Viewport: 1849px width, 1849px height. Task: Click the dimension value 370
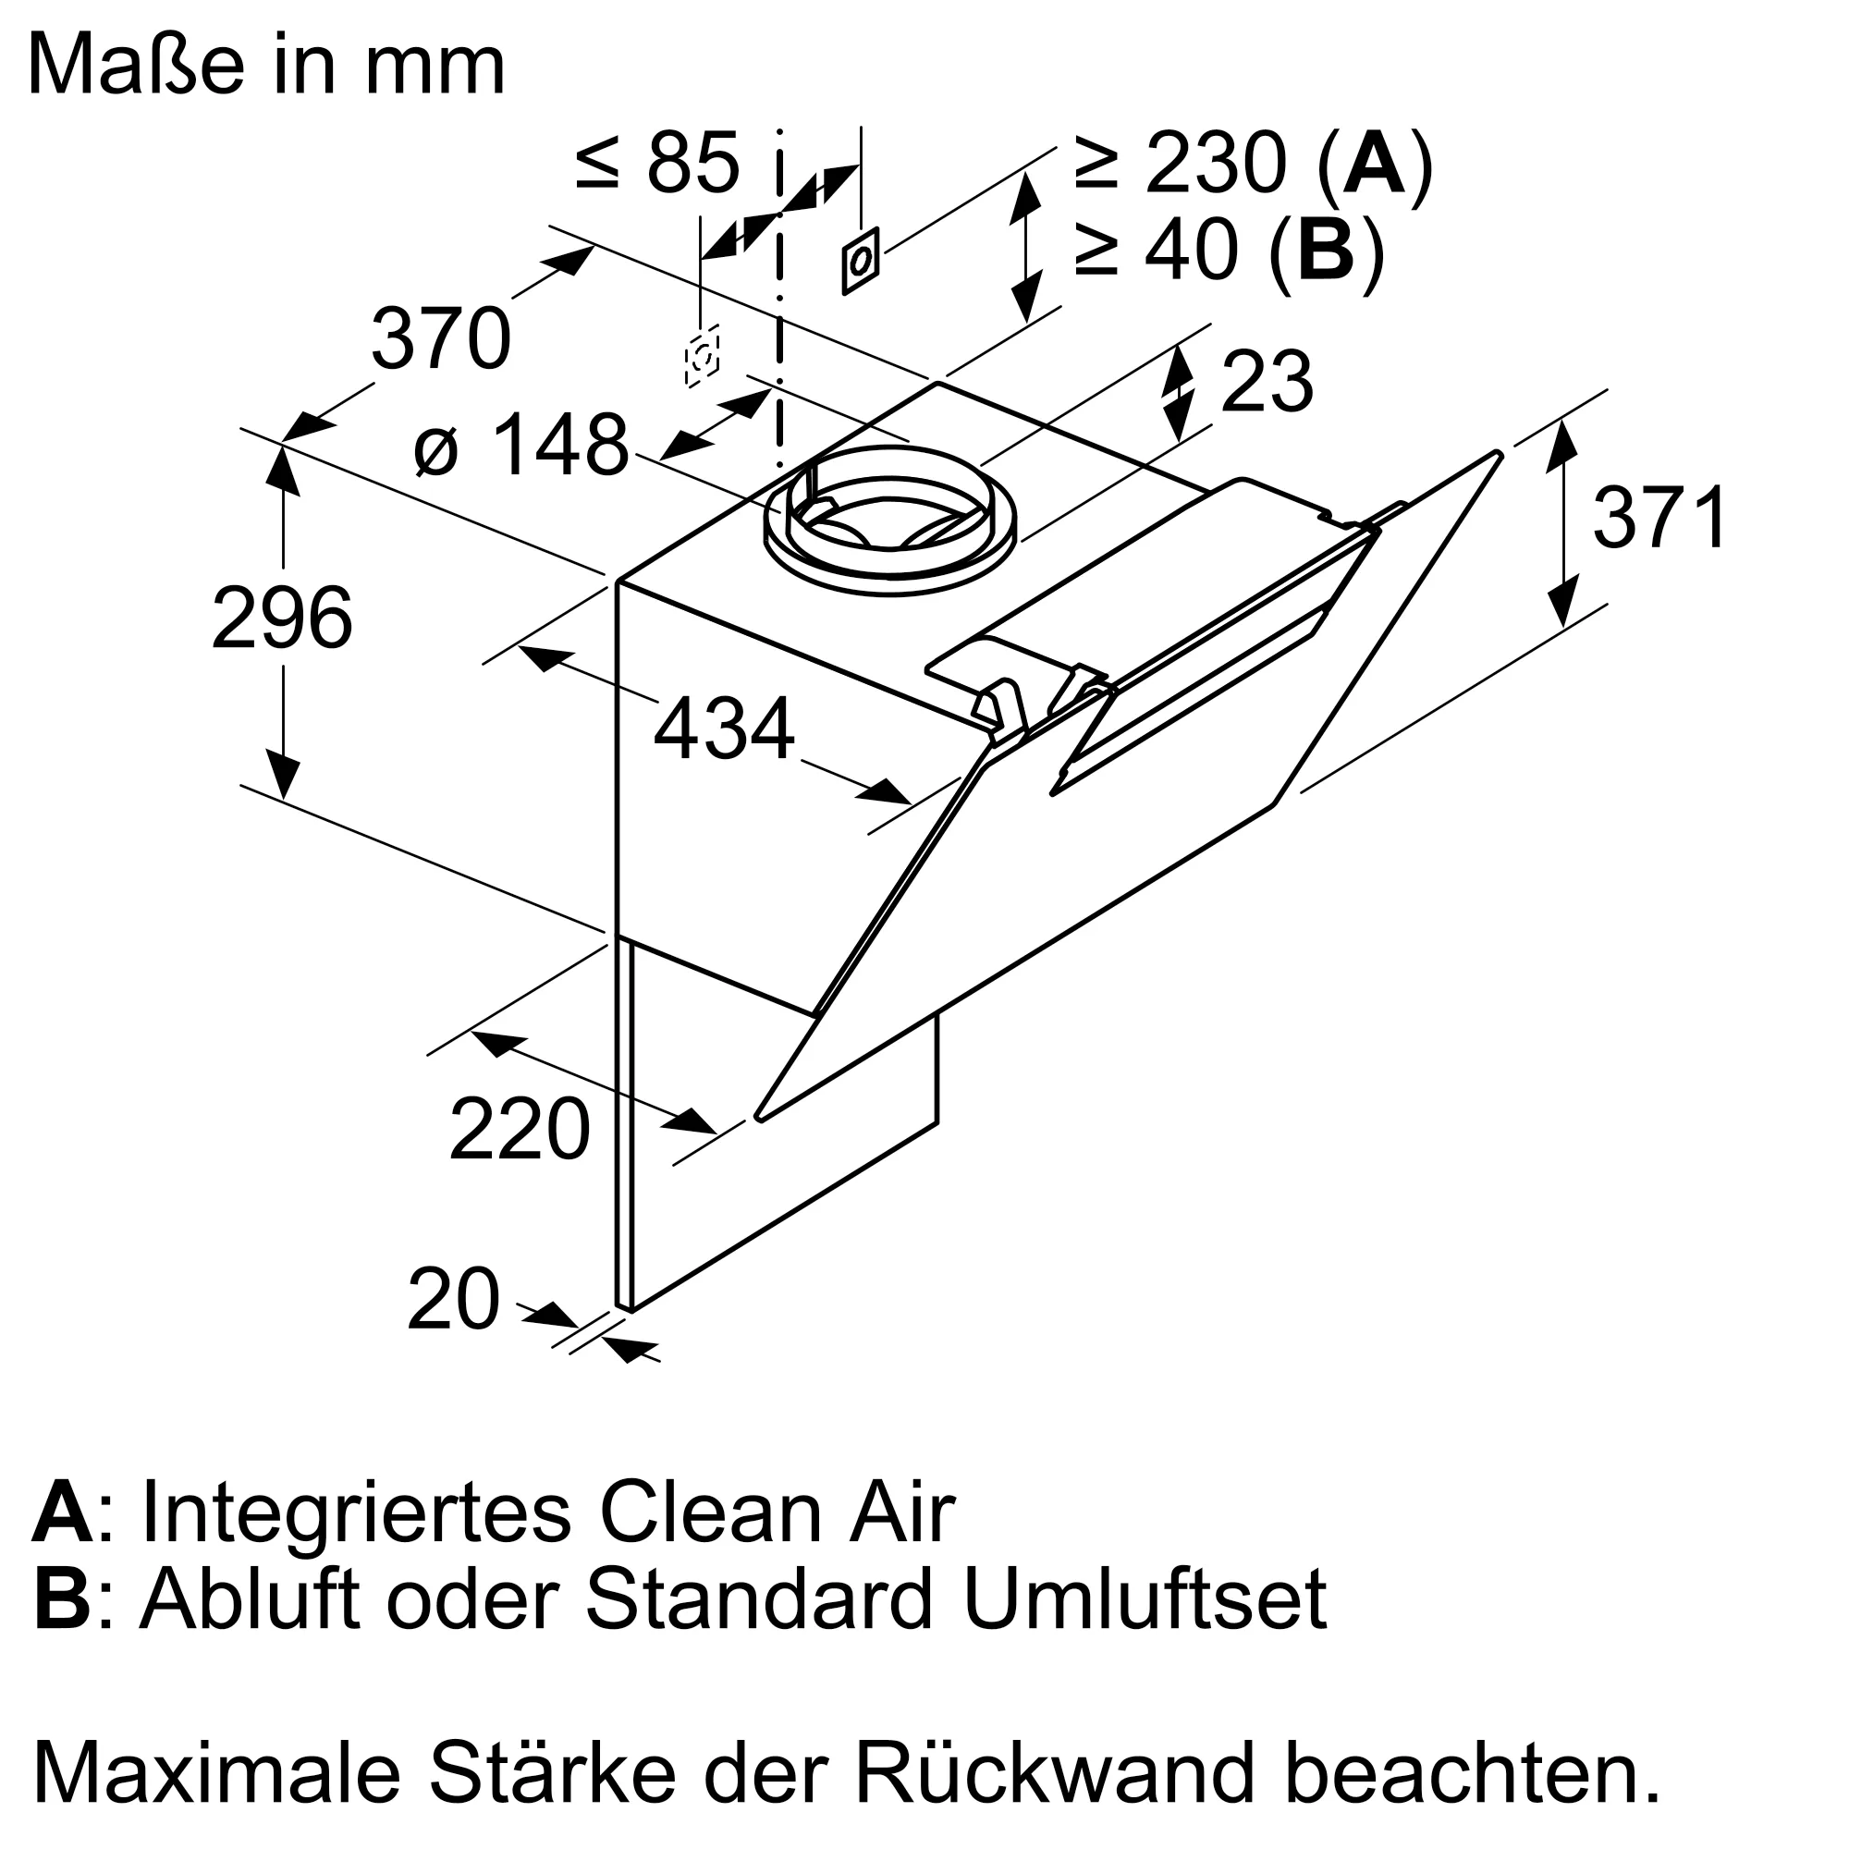pyautogui.click(x=441, y=337)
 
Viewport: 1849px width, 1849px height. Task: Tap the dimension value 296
pyautogui.click(x=282, y=618)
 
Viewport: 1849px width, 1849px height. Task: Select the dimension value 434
pyautogui.click(x=724, y=729)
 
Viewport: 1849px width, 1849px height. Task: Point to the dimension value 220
pyautogui.click(x=520, y=1131)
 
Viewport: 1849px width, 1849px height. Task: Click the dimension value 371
pyautogui.click(x=1660, y=518)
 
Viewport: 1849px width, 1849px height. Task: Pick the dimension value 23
pyautogui.click(x=1267, y=383)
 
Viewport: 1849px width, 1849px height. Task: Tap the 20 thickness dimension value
pyautogui.click(x=454, y=1300)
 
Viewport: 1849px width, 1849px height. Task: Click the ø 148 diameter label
pyautogui.click(x=521, y=444)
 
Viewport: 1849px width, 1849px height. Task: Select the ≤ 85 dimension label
pyautogui.click(x=658, y=163)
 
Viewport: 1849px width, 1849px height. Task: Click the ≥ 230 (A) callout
pyautogui.click(x=1253, y=165)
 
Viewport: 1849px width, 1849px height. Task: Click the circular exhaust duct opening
pyautogui.click(x=890, y=521)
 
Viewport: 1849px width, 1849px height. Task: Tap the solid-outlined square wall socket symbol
pyautogui.click(x=861, y=261)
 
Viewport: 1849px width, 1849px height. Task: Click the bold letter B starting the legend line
pyautogui.click(x=62, y=1599)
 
